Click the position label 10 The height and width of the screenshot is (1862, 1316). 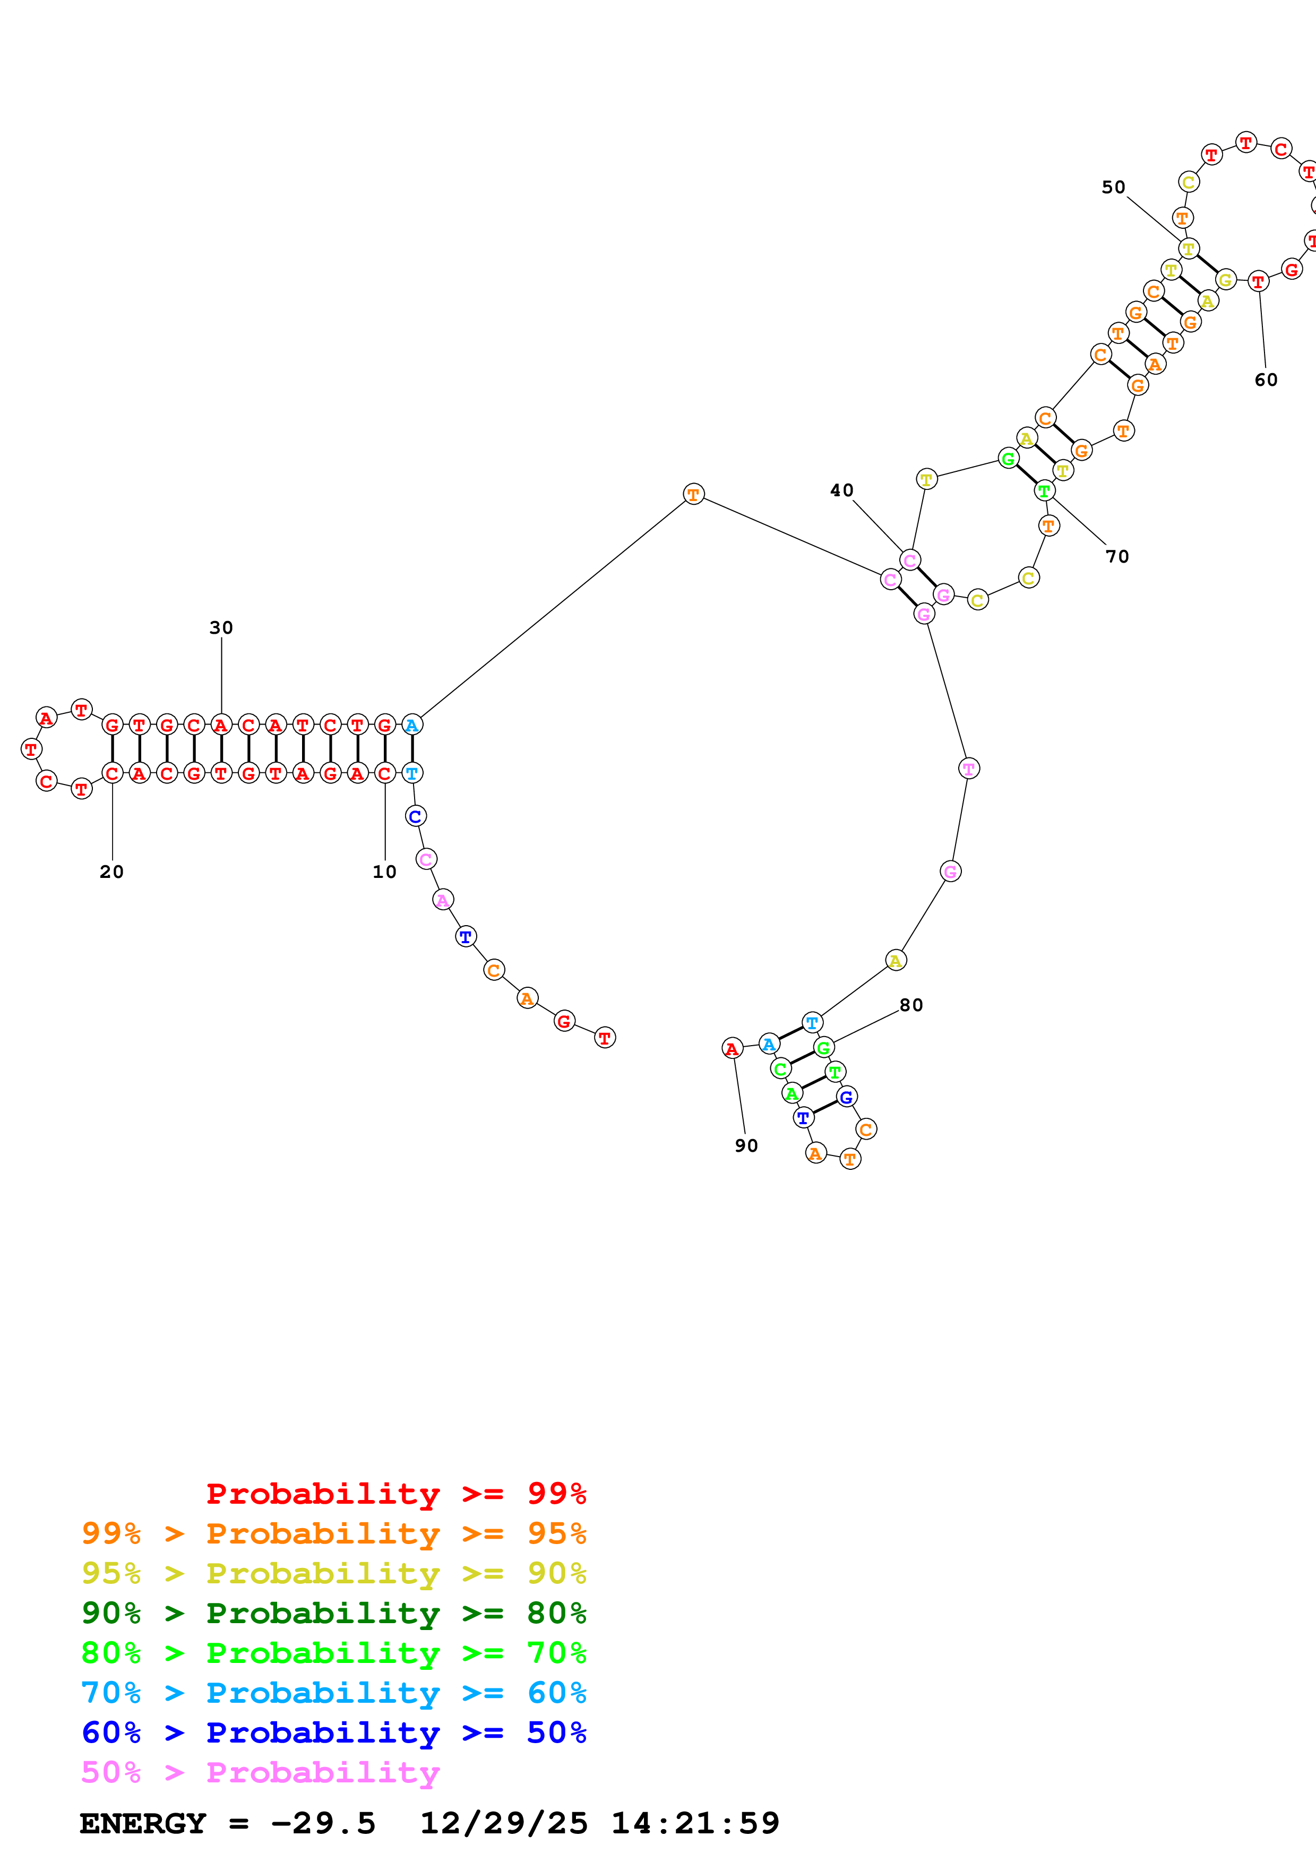click(x=384, y=872)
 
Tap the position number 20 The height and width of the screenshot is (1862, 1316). click(x=112, y=872)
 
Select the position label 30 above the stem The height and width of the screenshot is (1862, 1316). click(x=221, y=628)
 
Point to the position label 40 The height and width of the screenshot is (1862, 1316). click(x=841, y=490)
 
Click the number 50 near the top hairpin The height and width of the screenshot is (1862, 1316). click(x=1113, y=187)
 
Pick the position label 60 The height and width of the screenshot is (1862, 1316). click(x=1266, y=380)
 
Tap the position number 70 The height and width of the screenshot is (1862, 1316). click(x=1117, y=556)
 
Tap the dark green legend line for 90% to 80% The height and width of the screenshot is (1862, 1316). click(x=334, y=1613)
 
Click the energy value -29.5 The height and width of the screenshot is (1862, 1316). click(x=323, y=1823)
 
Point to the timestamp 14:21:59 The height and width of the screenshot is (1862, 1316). click(x=695, y=1823)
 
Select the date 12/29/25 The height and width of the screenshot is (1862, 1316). click(x=504, y=1823)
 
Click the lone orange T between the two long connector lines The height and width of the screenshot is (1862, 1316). click(x=693, y=494)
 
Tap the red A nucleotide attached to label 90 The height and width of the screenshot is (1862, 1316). click(x=732, y=1049)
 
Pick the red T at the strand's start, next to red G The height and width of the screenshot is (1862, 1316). click(x=605, y=1037)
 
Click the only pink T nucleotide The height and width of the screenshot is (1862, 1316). click(x=969, y=768)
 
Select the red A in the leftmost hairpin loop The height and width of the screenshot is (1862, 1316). click(x=47, y=718)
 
